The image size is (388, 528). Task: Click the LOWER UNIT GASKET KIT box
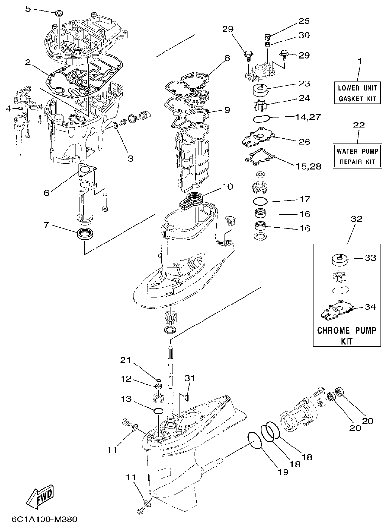click(x=358, y=93)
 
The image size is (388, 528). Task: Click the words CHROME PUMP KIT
click(x=347, y=336)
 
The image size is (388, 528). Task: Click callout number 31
click(x=189, y=378)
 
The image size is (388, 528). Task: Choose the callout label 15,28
click(x=308, y=166)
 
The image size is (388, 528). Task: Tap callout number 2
click(x=28, y=62)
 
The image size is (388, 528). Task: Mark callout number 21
click(x=126, y=360)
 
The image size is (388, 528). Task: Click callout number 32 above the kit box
click(x=357, y=219)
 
